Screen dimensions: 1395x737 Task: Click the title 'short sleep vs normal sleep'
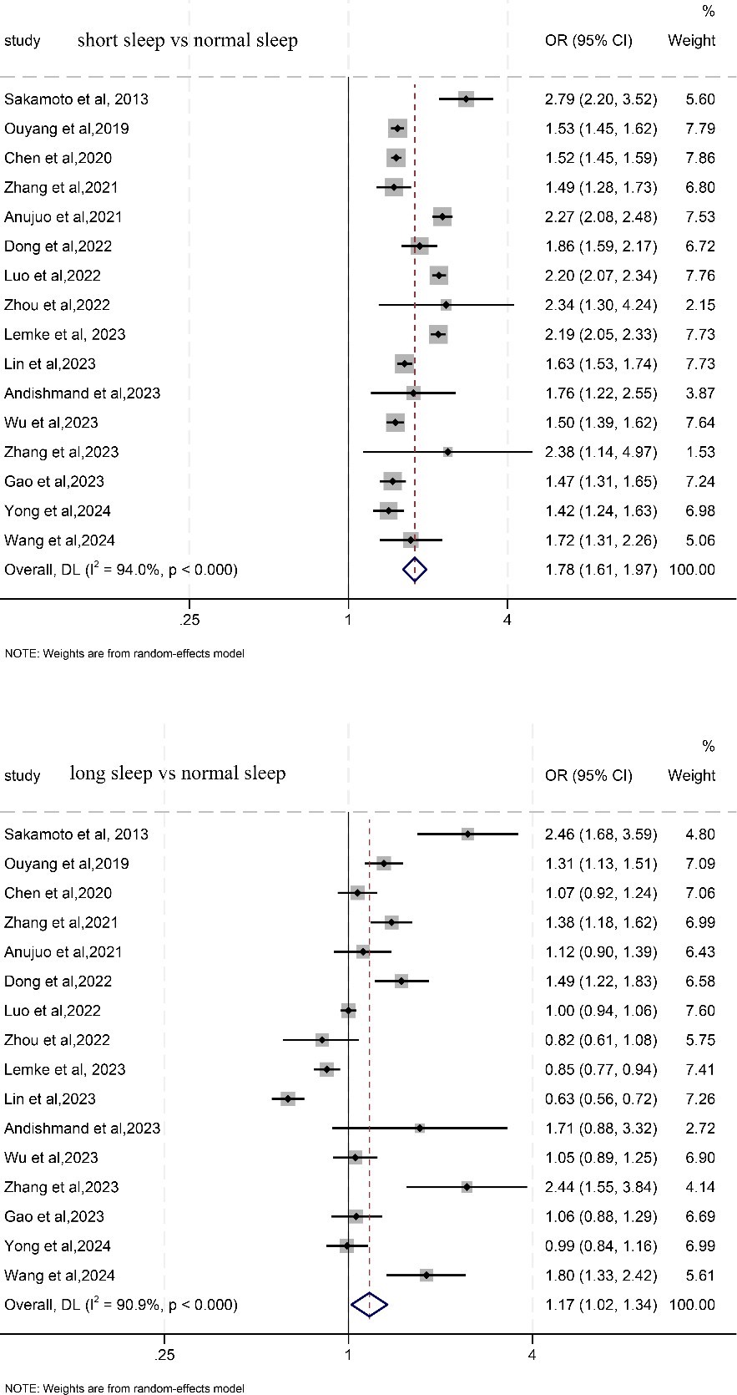(187, 40)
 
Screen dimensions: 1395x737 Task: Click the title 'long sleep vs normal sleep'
(178, 774)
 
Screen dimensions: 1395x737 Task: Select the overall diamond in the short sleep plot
(414, 570)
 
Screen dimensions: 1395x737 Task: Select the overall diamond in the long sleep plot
(370, 1304)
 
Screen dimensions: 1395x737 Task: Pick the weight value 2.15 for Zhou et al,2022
(700, 305)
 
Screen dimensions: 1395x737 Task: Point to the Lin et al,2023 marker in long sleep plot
(288, 1098)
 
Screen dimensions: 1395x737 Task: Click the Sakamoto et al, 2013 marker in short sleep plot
(466, 99)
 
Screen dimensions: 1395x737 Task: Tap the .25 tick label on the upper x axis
(189, 620)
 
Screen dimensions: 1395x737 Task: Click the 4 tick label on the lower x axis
(533, 1355)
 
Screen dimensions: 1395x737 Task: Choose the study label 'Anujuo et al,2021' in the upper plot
(63, 217)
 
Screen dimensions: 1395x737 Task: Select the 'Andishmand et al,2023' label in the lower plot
(83, 1129)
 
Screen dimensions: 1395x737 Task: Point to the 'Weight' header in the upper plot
(691, 40)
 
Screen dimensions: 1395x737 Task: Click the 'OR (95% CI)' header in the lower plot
(588, 775)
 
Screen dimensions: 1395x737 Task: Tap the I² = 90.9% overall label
(121, 1304)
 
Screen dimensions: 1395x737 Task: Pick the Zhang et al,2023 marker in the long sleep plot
(467, 1187)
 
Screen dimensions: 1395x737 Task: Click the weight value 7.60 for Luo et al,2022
(700, 1011)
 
